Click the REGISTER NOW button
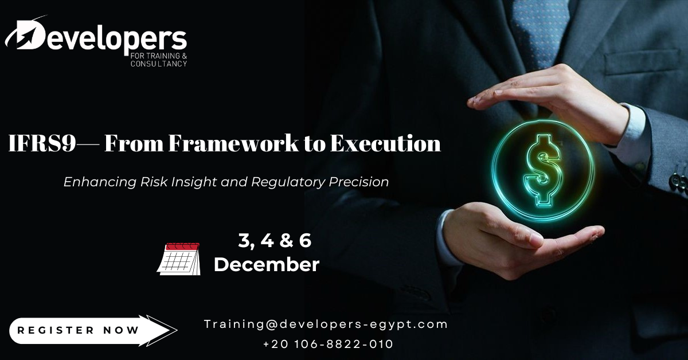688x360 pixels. pyautogui.click(x=92, y=331)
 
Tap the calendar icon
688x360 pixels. pyautogui.click(x=179, y=259)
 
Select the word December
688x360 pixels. pyautogui.click(x=267, y=264)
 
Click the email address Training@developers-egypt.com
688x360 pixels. pyautogui.click(x=326, y=324)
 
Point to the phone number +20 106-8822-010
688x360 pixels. pyautogui.click(x=328, y=344)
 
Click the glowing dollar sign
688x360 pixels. pyautogui.click(x=543, y=170)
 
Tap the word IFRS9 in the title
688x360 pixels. pyautogui.click(x=42, y=143)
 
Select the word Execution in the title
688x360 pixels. pyautogui.click(x=385, y=143)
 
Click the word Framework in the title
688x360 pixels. pyautogui.click(x=233, y=143)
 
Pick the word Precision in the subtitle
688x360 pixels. pyautogui.click(x=359, y=182)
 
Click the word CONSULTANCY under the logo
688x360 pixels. pyautogui.click(x=159, y=64)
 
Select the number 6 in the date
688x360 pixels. pyautogui.click(x=305, y=241)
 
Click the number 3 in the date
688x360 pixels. pyautogui.click(x=244, y=241)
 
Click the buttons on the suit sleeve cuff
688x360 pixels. pyautogui.click(x=677, y=178)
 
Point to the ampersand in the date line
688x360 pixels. pyautogui.click(x=286, y=241)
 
